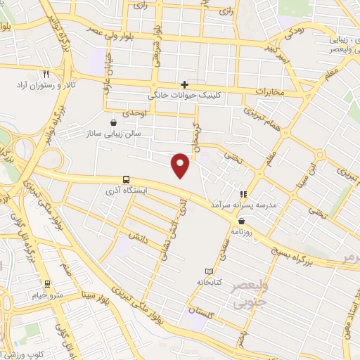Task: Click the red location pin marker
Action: tap(181, 165)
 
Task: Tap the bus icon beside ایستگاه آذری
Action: tap(126, 179)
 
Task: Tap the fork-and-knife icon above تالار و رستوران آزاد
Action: tap(46, 73)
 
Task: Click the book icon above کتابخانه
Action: tap(208, 271)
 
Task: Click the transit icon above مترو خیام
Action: tap(47, 284)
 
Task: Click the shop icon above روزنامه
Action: tap(242, 221)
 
